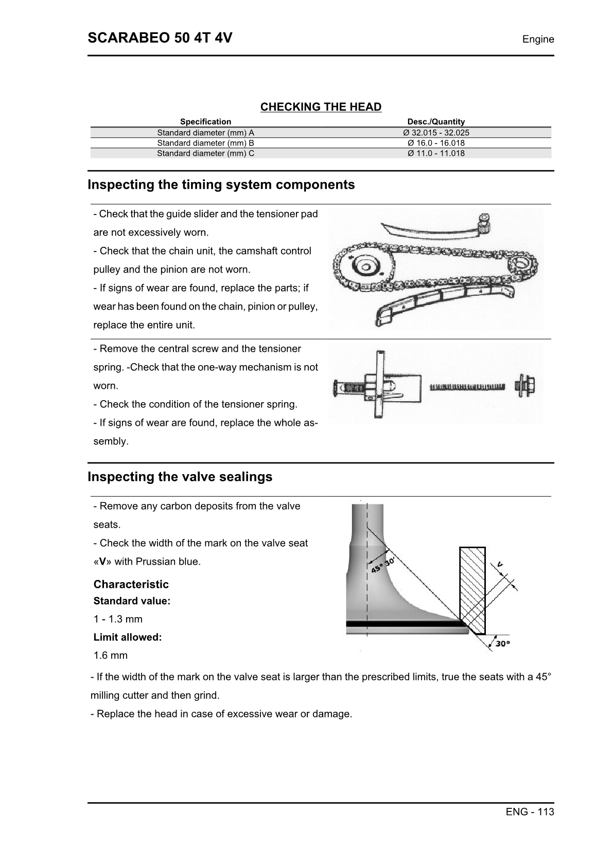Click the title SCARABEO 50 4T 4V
pos(160,38)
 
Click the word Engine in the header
pos(538,39)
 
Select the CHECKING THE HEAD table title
pos(321,107)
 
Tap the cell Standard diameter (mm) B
pos(205,143)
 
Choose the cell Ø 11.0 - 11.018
pos(436,153)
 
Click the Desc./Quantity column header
pos(436,122)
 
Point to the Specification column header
pos(205,122)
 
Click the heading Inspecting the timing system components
pos(221,185)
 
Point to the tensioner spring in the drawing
pos(467,387)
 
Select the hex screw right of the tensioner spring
pos(524,385)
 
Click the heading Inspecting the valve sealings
pos(180,477)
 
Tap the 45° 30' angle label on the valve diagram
pos(382,564)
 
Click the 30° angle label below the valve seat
pos(502,643)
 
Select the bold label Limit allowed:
pos(128,637)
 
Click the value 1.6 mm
pos(110,656)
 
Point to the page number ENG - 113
pos(530,812)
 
